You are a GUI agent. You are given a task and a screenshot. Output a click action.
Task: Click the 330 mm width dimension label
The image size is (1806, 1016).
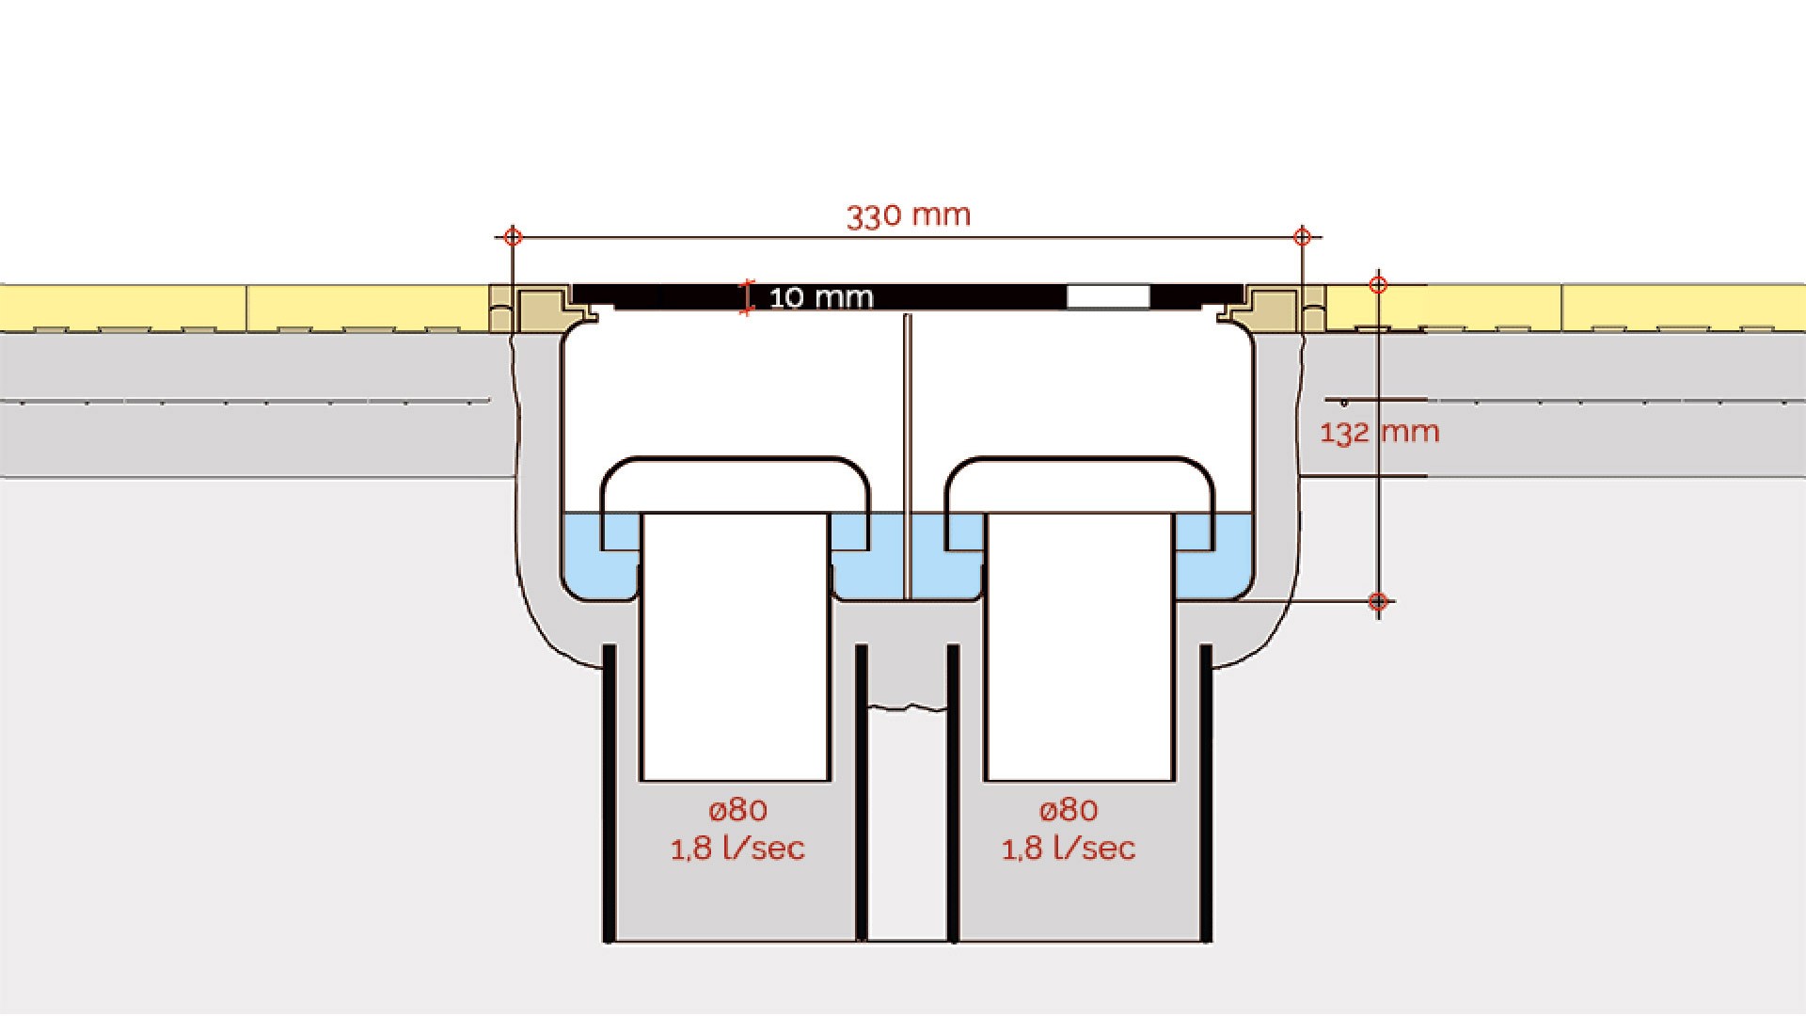click(909, 215)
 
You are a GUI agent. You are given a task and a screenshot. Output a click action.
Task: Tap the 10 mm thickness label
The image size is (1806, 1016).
click(821, 298)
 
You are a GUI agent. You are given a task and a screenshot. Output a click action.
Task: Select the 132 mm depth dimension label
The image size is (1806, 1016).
click(1379, 433)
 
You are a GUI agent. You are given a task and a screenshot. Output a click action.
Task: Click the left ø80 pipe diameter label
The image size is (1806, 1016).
click(737, 810)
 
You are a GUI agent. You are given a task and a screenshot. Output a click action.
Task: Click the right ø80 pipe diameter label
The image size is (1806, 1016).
click(1069, 810)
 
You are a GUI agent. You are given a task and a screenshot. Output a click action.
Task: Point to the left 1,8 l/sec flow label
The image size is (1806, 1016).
click(737, 849)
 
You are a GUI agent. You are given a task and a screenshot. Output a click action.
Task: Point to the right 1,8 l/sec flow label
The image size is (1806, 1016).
click(1069, 849)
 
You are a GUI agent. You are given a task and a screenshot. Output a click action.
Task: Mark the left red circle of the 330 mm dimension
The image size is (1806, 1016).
click(513, 236)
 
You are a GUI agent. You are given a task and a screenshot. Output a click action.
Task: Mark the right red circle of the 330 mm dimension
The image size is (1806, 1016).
click(1302, 236)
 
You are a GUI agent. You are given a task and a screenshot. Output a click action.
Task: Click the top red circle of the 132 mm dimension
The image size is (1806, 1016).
click(1378, 284)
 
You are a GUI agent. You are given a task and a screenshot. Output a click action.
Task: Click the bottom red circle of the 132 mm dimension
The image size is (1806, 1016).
click(1378, 601)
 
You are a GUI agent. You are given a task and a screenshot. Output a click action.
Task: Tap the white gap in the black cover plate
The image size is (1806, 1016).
click(1108, 296)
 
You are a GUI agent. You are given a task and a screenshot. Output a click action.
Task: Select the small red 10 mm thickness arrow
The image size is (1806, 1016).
click(748, 297)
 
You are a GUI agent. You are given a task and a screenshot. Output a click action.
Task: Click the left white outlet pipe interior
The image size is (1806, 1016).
click(735, 647)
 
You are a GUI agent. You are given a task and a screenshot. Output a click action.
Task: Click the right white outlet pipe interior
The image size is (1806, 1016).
click(1080, 647)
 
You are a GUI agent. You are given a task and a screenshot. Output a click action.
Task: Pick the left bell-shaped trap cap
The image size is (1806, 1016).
click(736, 461)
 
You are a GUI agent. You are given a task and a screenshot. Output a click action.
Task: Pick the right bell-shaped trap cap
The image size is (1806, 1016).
click(1080, 461)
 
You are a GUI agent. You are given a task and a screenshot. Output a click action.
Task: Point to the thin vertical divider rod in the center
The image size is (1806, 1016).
click(908, 456)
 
